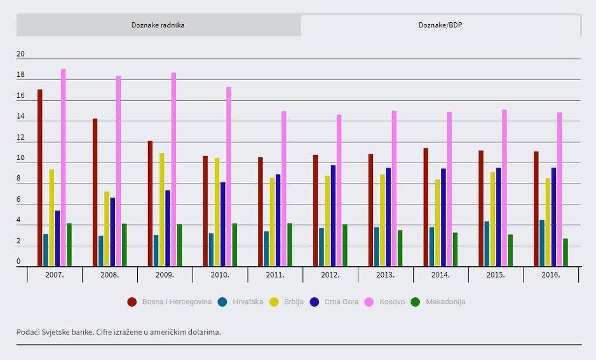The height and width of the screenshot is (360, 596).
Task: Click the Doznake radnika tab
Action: [x=158, y=25]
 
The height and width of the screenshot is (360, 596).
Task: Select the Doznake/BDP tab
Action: [x=440, y=25]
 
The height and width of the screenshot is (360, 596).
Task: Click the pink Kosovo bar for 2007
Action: [x=64, y=168]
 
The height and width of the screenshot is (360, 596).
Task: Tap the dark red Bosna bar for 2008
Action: [x=95, y=192]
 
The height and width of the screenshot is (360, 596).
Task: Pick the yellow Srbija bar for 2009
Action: [x=162, y=210]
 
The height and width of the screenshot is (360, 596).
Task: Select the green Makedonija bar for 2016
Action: [x=566, y=253]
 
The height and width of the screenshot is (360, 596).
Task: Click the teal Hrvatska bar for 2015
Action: [x=487, y=244]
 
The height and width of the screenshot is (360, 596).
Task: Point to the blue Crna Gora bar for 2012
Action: [x=333, y=216]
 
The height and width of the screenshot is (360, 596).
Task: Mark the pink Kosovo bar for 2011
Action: [x=284, y=189]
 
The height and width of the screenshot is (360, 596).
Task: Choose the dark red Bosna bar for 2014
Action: [x=426, y=207]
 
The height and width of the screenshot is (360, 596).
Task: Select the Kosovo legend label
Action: [x=392, y=302]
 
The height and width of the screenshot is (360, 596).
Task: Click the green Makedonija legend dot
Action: [x=416, y=302]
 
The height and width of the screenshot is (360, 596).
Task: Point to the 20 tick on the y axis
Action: [x=20, y=54]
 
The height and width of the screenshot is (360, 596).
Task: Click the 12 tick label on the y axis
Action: [x=20, y=138]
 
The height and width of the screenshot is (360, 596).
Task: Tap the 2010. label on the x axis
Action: [x=220, y=275]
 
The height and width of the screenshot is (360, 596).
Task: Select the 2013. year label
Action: [x=385, y=275]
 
